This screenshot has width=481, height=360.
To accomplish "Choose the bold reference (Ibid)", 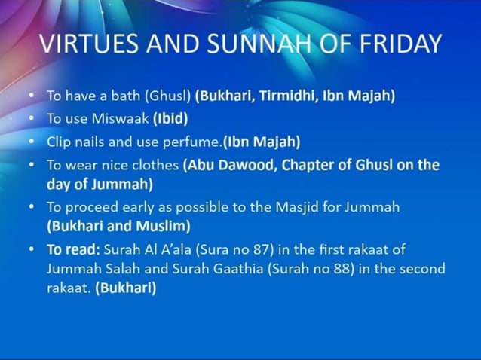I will coord(170,119).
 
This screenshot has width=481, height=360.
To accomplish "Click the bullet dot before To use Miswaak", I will coord(30,119).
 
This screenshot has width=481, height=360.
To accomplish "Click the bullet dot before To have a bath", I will coord(30,96).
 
